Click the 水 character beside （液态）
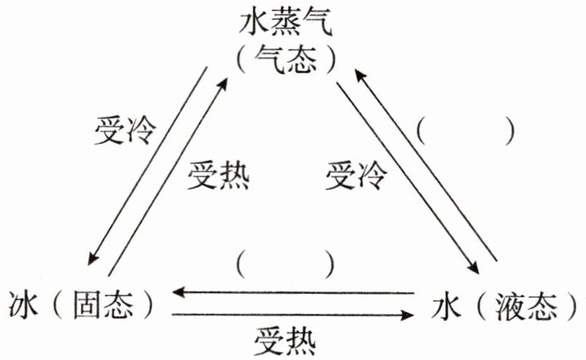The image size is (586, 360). (x=453, y=305)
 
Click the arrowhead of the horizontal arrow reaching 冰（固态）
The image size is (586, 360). (x=180, y=293)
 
